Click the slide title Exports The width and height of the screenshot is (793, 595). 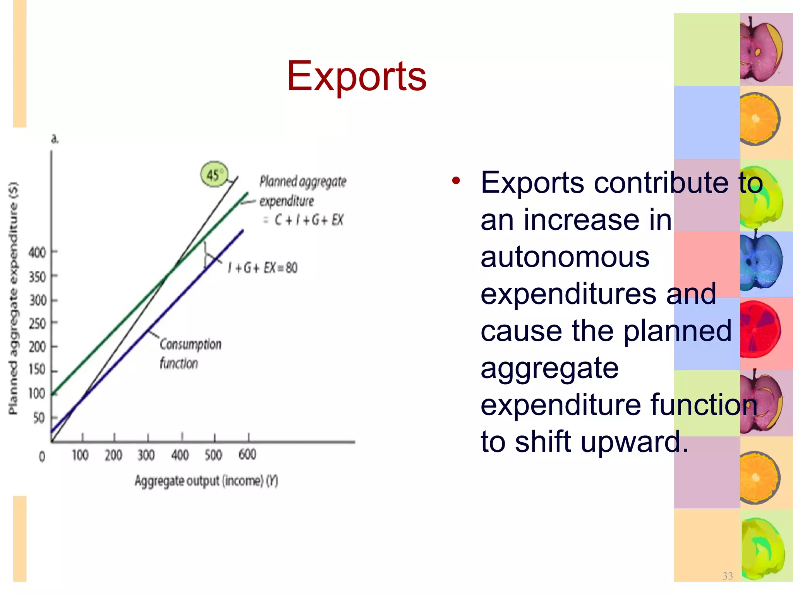(356, 76)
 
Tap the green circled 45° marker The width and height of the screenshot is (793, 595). (214, 175)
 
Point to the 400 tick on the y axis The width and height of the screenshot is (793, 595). (38, 253)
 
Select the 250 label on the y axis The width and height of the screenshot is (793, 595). (38, 323)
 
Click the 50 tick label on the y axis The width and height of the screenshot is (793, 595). (39, 418)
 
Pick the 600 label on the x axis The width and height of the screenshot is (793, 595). (247, 454)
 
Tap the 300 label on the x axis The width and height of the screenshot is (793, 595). (146, 455)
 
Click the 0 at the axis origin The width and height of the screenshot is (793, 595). (42, 457)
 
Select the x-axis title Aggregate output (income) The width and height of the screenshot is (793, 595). (206, 481)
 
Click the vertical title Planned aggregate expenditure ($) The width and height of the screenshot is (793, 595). (13, 298)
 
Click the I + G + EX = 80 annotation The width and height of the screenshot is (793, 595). (263, 268)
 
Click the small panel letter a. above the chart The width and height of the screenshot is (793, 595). (55, 139)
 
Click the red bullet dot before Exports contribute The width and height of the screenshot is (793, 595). (456, 181)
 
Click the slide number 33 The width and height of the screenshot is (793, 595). (728, 576)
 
